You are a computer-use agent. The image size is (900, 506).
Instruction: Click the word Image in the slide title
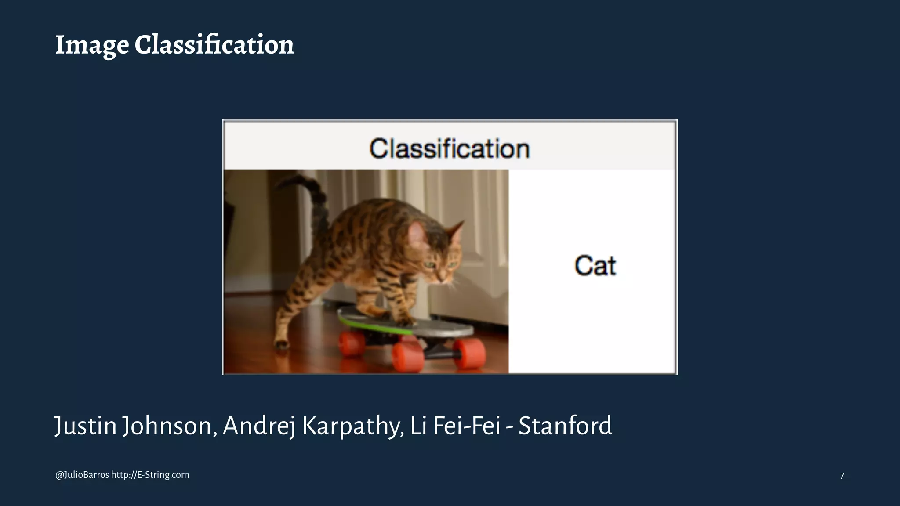(92, 45)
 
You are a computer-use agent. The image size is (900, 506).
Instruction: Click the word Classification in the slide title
(214, 45)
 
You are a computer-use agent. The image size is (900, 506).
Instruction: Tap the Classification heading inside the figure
(449, 148)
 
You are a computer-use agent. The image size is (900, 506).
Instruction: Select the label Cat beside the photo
(595, 266)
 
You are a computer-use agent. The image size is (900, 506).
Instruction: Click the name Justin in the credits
(85, 426)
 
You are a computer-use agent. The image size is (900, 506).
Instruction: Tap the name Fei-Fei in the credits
(467, 426)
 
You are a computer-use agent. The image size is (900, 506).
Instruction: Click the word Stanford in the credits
(565, 426)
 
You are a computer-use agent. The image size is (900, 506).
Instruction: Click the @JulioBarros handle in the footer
(82, 475)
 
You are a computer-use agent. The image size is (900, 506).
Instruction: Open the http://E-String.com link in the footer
(150, 475)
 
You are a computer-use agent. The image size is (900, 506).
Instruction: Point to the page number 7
(842, 476)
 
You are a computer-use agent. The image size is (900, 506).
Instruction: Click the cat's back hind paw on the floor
(281, 344)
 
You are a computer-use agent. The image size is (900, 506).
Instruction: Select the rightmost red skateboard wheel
(471, 354)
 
